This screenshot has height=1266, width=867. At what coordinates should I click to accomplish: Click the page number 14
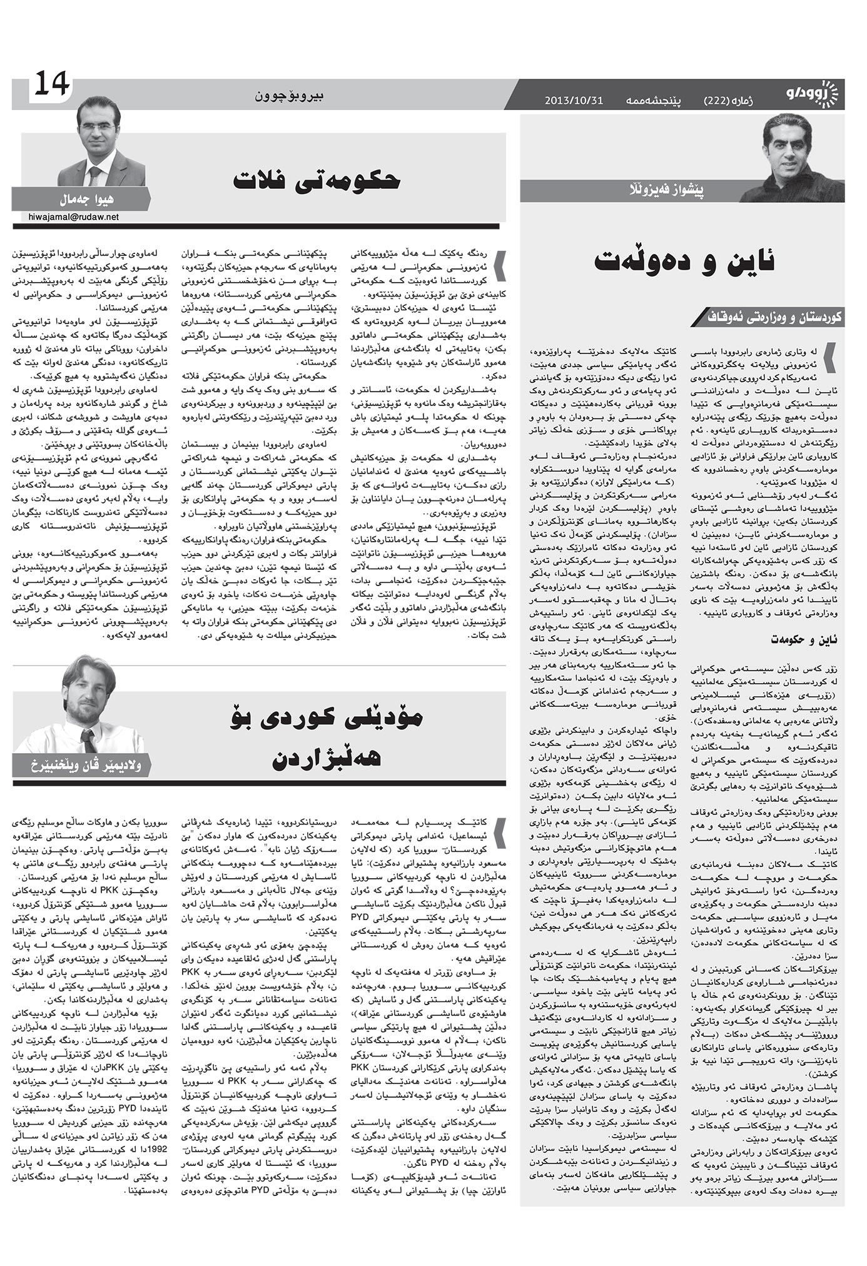coord(51,83)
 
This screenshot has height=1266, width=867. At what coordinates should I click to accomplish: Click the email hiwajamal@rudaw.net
coord(73,217)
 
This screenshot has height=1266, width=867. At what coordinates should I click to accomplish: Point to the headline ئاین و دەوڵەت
coord(685,261)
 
